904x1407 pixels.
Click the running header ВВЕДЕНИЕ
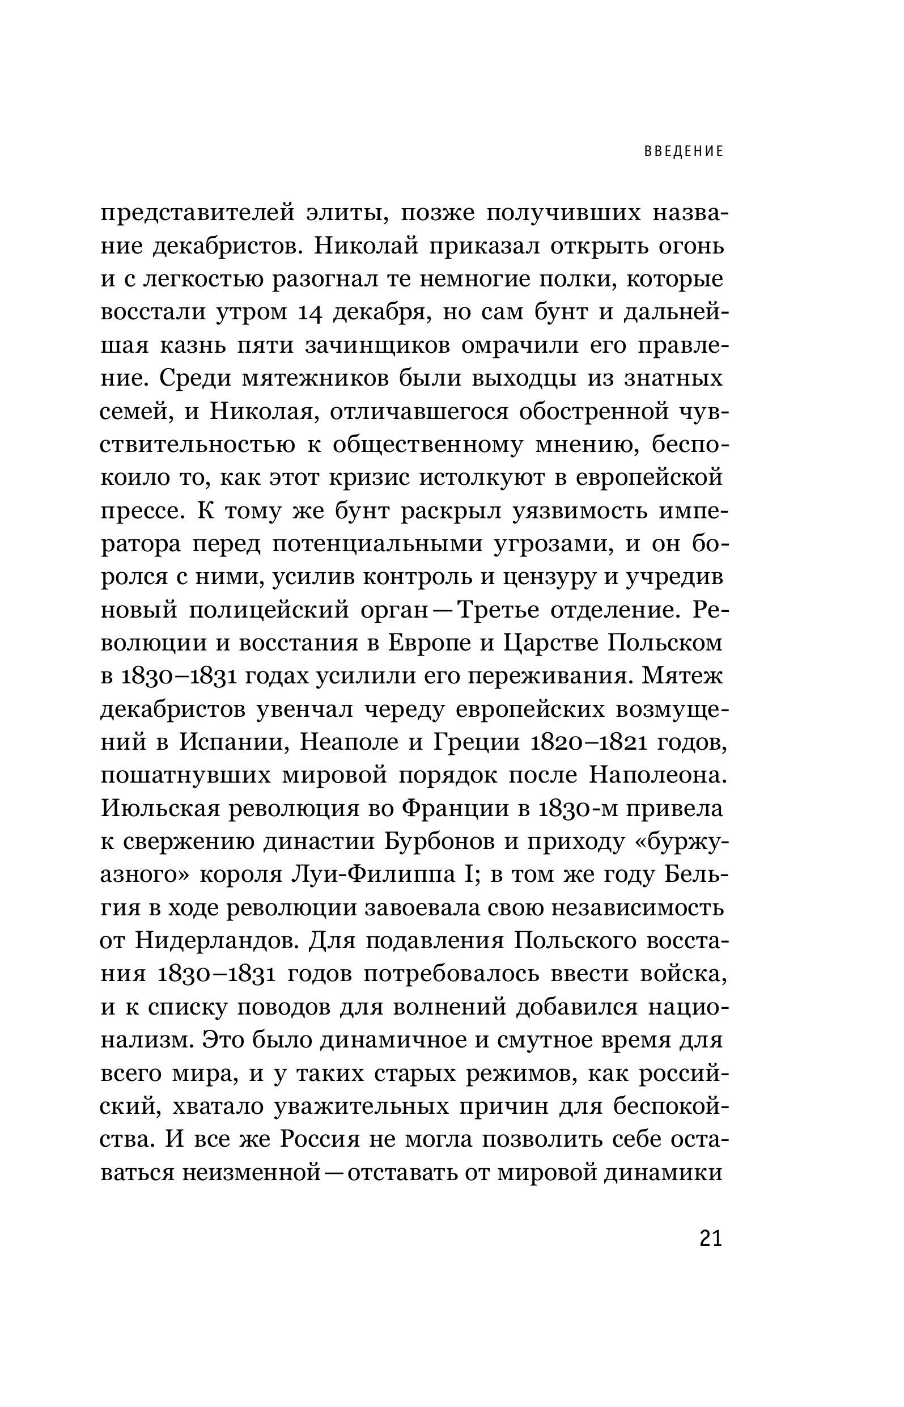[x=684, y=151]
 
